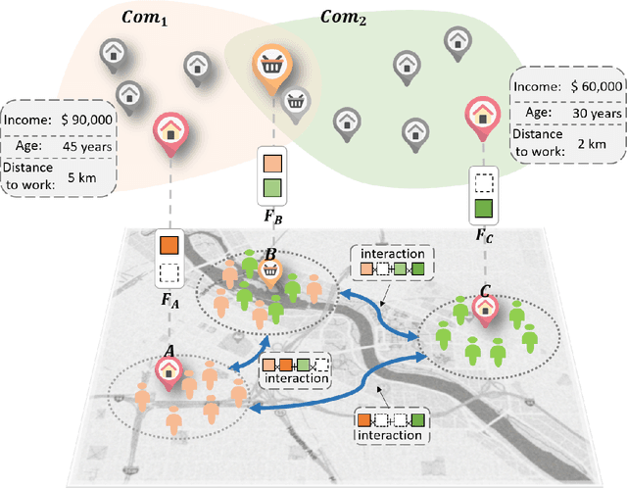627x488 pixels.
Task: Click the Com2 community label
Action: tap(343, 17)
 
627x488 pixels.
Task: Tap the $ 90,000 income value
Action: tap(84, 120)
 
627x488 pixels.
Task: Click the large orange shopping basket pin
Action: tap(270, 68)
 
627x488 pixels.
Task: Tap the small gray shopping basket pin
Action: tap(296, 98)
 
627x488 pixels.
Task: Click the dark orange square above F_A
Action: tap(169, 242)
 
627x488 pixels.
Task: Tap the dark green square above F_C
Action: tap(483, 208)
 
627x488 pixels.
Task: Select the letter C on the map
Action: tap(484, 291)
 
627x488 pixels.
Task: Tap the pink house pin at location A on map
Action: tap(168, 370)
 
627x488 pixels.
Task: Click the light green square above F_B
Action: tap(271, 188)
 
